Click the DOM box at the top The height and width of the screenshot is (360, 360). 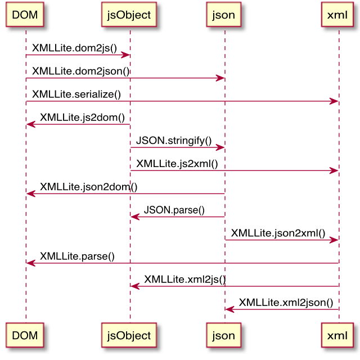25,15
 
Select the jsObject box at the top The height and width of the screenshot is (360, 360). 129,15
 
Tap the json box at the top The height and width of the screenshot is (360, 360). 224,15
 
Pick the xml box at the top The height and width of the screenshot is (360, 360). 337,15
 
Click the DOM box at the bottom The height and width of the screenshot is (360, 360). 25,335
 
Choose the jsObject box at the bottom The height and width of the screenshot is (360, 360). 129,335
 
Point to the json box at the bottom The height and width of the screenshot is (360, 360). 224,335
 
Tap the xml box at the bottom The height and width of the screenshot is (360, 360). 337,335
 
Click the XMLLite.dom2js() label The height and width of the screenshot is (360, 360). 75,48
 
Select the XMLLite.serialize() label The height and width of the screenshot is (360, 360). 76,94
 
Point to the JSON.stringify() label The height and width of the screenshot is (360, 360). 174,141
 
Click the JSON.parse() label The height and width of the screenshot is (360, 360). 174,210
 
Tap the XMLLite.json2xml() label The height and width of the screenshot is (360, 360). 278,233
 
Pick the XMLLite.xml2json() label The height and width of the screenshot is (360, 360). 286,303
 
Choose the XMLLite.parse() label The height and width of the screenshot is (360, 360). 77,256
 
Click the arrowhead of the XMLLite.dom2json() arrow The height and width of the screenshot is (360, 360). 220,78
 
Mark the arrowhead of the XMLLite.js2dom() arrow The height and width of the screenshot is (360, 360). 31,124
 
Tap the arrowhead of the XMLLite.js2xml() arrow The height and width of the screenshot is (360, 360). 334,171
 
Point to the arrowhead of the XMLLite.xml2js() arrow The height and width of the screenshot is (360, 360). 135,286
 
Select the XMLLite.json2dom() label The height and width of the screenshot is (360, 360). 89,187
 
